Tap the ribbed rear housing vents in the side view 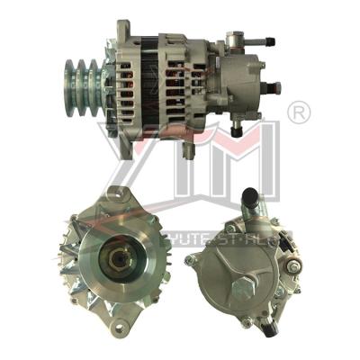[x=180, y=81]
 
